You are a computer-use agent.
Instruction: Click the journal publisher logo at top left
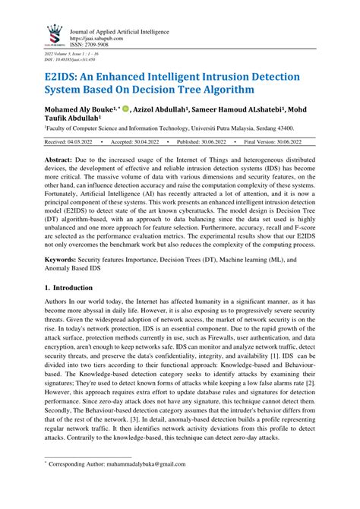pyautogui.click(x=53, y=33)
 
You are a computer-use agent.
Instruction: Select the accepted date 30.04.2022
pyautogui.click(x=156, y=142)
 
